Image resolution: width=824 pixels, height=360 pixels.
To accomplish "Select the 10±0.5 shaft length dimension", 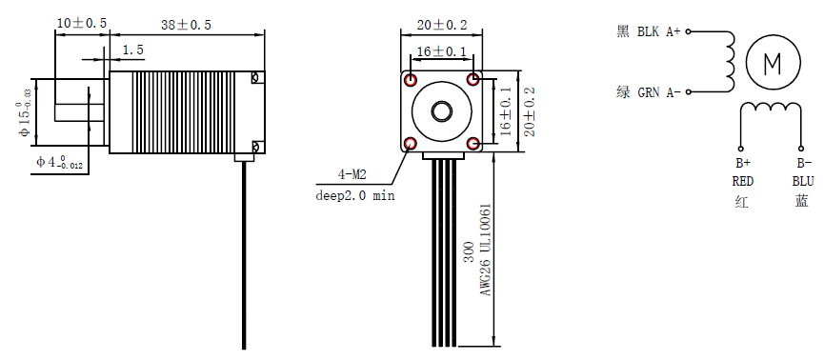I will [x=81, y=22].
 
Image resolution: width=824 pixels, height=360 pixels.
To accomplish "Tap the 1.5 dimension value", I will [x=133, y=50].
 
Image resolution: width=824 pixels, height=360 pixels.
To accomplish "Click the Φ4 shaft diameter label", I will [x=59, y=162].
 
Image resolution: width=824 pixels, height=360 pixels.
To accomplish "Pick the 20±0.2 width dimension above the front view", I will [x=443, y=24].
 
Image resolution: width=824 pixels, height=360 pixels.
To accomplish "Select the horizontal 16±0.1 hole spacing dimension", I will [x=443, y=50].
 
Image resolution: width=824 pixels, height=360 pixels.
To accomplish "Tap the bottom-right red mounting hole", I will [x=474, y=144].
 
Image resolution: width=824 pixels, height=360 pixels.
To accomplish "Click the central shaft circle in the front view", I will [x=443, y=111].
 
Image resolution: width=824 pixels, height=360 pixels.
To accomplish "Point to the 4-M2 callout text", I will [x=352, y=174].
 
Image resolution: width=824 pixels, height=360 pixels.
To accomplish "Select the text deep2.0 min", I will [x=355, y=195].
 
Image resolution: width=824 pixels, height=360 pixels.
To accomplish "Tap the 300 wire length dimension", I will [x=468, y=251].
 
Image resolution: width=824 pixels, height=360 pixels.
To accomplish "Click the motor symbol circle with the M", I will [x=774, y=64].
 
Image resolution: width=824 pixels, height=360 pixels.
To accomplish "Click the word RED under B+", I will [x=743, y=180].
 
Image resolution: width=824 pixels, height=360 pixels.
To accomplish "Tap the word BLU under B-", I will [x=802, y=180].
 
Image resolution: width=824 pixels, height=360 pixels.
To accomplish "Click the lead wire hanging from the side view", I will [x=245, y=257].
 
